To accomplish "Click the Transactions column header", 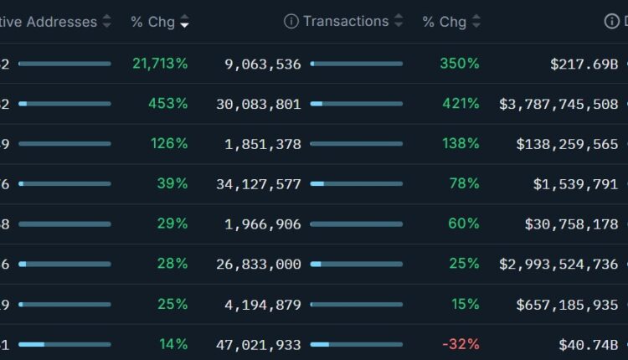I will coord(346,22).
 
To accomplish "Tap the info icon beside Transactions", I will coord(291,22).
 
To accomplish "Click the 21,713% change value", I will coord(160,63).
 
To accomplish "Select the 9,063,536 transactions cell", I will coord(263,63).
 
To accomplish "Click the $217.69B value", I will coord(583,63).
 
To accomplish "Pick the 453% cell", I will coord(169,103).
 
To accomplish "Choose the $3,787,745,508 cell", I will coord(559,103).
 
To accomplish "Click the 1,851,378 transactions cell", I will coord(263,143).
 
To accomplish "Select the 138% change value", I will coord(461,143).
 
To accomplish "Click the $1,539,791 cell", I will coord(575,183).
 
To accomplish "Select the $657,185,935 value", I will coord(567,304).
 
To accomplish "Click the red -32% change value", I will coord(461,344).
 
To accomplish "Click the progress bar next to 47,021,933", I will coord(356,344).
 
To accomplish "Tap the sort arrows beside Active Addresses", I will coord(106,22).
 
